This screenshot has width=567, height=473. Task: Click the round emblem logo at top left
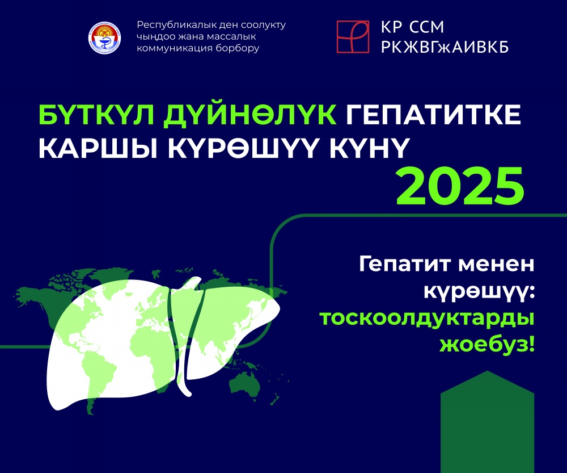pos(104,37)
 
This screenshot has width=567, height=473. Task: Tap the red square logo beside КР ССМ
pos(353,36)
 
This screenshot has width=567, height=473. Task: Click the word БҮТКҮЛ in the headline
pos(96,115)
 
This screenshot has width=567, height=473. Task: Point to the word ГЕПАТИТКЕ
pos(433,115)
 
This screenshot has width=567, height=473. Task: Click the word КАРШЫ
pos(98,148)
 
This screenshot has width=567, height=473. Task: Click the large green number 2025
pos(460,186)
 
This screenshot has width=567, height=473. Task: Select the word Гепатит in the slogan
pos(404,265)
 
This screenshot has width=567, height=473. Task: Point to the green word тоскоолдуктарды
pos(427,319)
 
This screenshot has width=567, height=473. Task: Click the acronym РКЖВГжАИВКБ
pos(445,47)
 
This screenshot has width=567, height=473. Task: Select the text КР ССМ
pos(413,27)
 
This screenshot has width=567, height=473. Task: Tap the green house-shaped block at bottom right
pos(487,421)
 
